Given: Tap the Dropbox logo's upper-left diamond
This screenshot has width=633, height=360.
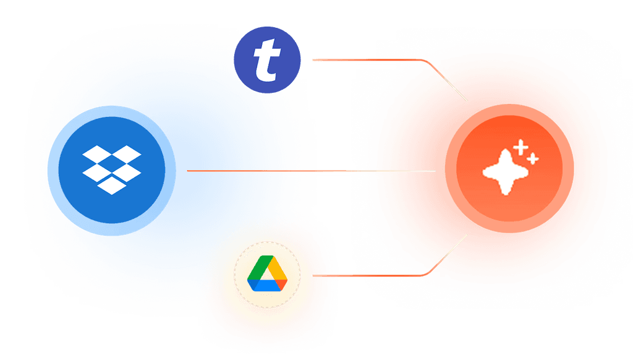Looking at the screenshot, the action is pyautogui.click(x=98, y=153).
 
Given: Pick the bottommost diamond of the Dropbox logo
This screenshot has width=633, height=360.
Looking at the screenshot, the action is pyautogui.click(x=112, y=183).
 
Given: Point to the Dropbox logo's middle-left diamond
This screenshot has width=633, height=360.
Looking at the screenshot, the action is pyautogui.click(x=98, y=168).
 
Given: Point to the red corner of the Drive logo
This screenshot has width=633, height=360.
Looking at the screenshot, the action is pyautogui.click(x=283, y=283).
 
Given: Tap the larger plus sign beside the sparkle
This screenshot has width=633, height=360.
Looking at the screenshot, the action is pyautogui.click(x=521, y=147).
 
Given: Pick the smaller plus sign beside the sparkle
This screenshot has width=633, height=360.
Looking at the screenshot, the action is pyautogui.click(x=533, y=159).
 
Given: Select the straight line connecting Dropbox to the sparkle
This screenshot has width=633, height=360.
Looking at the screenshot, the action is pyautogui.click(x=309, y=170).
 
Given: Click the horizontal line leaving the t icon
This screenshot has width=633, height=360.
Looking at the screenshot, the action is pyautogui.click(x=365, y=60).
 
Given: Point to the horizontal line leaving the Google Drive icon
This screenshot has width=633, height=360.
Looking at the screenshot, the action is pyautogui.click(x=365, y=275).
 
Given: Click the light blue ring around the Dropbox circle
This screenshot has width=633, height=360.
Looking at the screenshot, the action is pyautogui.click(x=111, y=111).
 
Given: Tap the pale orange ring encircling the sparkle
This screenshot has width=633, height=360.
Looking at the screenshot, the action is pyautogui.click(x=509, y=109).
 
